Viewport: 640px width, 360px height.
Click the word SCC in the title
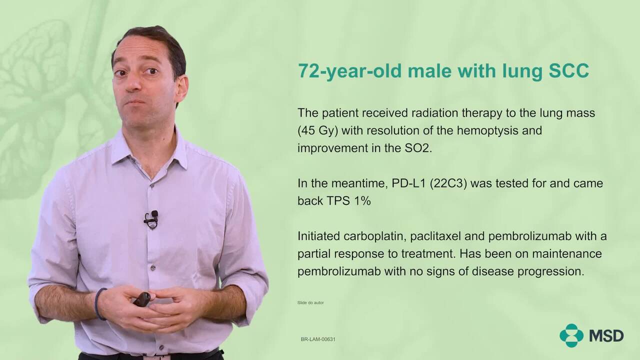click(x=569, y=70)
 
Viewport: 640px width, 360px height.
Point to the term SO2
click(x=417, y=148)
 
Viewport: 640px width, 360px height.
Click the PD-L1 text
click(x=409, y=183)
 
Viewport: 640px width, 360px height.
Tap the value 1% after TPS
click(x=362, y=201)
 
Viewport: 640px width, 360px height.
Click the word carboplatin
click(x=375, y=236)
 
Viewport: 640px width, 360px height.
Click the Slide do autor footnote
click(x=310, y=302)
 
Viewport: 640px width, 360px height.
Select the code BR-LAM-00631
click(x=318, y=339)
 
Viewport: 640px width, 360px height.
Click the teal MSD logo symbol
click(x=571, y=335)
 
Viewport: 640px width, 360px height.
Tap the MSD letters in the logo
click(x=606, y=336)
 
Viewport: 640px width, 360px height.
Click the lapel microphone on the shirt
click(x=151, y=219)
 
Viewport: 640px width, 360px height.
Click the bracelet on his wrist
click(x=98, y=303)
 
